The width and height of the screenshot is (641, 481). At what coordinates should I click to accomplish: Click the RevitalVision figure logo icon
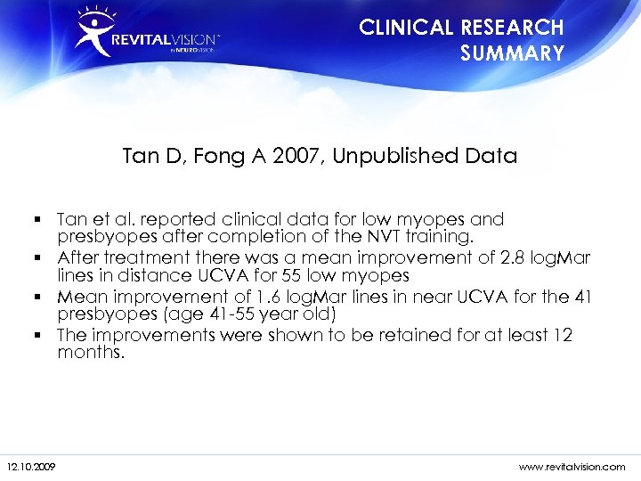click(x=94, y=31)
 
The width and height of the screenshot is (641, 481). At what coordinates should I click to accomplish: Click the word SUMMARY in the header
click(x=512, y=53)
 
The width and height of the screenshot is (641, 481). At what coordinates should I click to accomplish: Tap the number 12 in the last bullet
click(x=563, y=334)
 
